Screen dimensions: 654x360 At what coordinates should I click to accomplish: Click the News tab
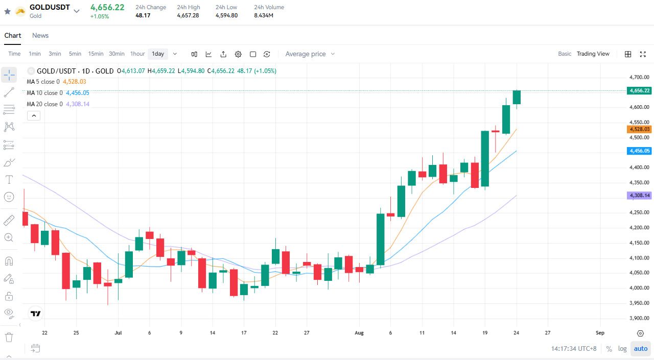point(40,35)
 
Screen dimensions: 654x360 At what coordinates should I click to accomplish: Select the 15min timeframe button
point(96,54)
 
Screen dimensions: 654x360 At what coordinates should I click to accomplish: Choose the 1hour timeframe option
point(137,54)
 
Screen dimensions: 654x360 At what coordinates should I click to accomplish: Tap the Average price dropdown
point(310,54)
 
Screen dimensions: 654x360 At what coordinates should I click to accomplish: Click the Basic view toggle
point(565,54)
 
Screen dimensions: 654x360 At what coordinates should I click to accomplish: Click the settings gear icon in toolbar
point(238,54)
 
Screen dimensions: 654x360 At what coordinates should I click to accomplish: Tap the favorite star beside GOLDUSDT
point(8,11)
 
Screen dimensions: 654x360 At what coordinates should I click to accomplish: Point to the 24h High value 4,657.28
point(188,15)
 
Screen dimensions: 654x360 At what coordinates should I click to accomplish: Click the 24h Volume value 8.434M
point(263,15)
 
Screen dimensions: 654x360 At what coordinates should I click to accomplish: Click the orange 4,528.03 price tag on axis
point(639,129)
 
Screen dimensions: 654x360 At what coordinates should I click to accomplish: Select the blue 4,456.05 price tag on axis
point(639,151)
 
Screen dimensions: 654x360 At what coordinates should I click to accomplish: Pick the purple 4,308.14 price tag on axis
point(639,196)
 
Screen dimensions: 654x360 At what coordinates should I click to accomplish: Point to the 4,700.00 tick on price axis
point(639,77)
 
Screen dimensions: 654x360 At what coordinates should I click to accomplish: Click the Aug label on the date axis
point(359,332)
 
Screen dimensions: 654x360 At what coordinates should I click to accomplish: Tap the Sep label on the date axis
point(600,332)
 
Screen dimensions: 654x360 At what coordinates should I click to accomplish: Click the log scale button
point(622,349)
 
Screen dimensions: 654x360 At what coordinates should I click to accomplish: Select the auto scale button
point(641,349)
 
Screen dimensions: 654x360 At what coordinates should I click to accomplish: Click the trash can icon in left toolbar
point(9,337)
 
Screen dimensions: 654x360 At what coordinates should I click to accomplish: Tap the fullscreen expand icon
point(643,54)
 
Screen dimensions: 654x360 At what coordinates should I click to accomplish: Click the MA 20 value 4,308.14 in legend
point(78,104)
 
